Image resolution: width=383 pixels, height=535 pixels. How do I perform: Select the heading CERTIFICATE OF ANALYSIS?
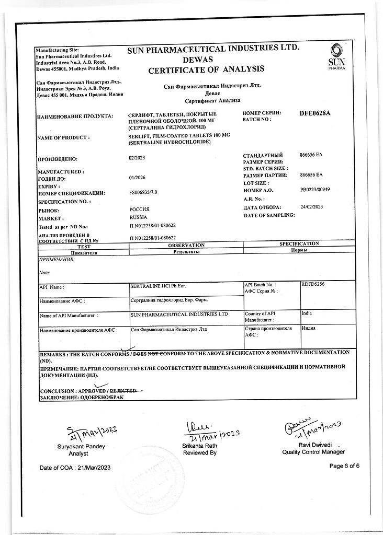[x=206, y=69]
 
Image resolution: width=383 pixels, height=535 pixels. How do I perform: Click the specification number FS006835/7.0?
[x=143, y=193]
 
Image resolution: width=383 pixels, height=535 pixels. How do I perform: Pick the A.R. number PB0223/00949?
[x=316, y=191]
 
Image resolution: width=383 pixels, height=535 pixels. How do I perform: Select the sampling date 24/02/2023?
[x=312, y=207]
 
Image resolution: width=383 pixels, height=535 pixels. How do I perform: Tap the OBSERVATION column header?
[x=187, y=245]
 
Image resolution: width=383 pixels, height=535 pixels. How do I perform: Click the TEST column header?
[x=84, y=245]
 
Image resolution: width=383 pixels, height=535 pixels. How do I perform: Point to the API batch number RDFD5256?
[x=313, y=284]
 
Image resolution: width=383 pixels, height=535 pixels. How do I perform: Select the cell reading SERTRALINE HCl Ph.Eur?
[x=161, y=286]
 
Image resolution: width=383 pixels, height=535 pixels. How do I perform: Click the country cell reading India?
[x=307, y=313]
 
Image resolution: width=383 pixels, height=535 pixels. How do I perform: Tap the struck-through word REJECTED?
[x=122, y=390]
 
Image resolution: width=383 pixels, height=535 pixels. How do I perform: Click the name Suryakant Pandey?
[x=82, y=446]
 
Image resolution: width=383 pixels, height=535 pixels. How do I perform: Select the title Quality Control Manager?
[x=313, y=452]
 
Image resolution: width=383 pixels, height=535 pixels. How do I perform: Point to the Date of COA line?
[x=76, y=467]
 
